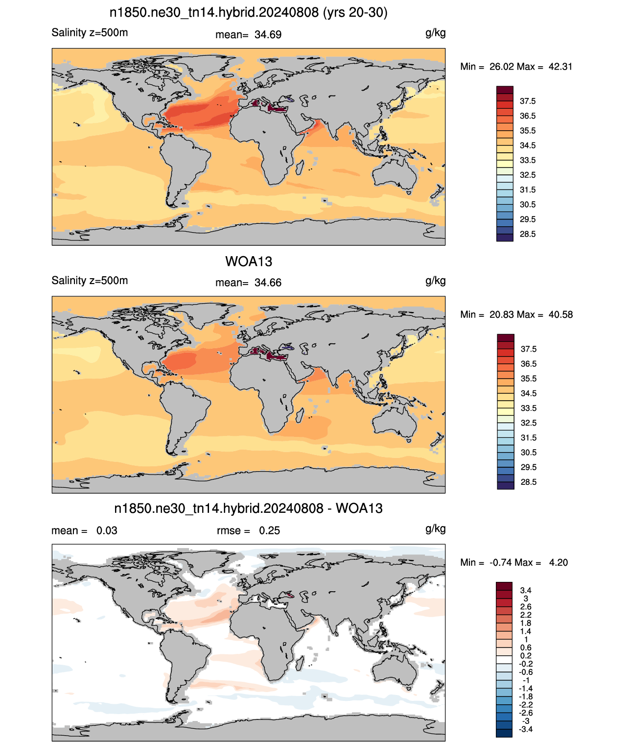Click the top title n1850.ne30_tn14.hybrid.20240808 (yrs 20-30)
[x=249, y=13]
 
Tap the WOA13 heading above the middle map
[x=249, y=262]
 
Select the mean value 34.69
[x=268, y=35]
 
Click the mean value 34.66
[x=268, y=283]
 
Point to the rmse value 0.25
[x=269, y=530]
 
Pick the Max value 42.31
[x=560, y=67]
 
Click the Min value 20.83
[x=501, y=314]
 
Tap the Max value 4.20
[x=559, y=563]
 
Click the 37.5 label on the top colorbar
[x=528, y=101]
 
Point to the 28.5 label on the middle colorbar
[x=528, y=482]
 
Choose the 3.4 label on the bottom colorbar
[x=525, y=590]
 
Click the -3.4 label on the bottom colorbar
[x=525, y=729]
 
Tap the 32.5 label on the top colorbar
[x=528, y=175]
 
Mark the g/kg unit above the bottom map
[x=436, y=529]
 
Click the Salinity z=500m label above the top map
[x=90, y=32]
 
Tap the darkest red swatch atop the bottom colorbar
[x=504, y=586]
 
